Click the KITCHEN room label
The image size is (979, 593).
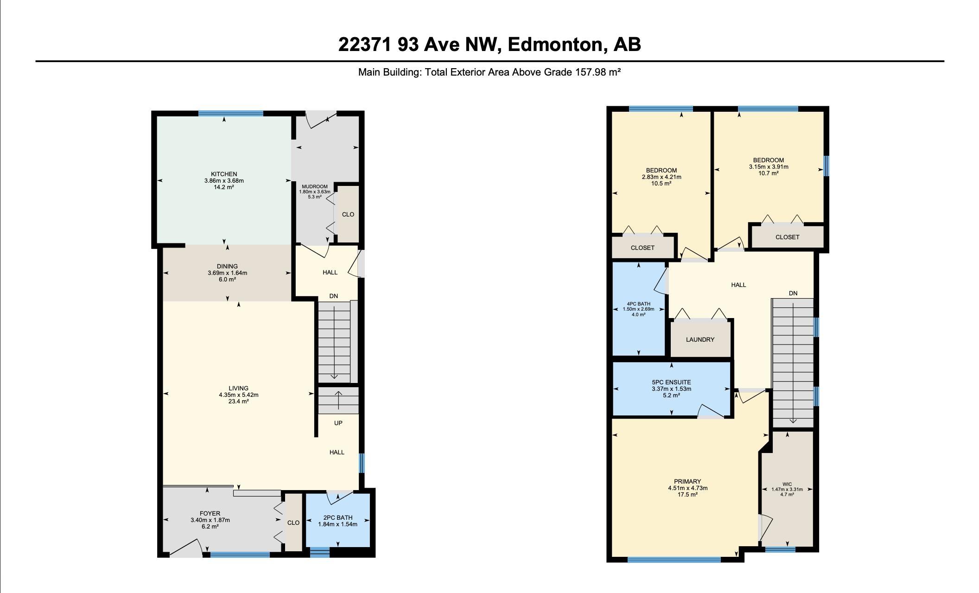[x=224, y=174]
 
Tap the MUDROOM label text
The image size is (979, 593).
[x=315, y=187]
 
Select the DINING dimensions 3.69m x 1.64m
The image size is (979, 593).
[x=227, y=273]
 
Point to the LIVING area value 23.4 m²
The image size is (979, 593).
[x=238, y=402]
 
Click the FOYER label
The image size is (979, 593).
[x=210, y=514]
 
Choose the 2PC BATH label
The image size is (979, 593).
[x=338, y=518]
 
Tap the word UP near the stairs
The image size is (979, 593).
[x=338, y=423]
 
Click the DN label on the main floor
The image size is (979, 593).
[x=334, y=296]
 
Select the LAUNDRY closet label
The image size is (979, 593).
[x=700, y=340]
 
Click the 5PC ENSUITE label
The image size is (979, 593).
[x=671, y=383]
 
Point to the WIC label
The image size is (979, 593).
[x=787, y=485]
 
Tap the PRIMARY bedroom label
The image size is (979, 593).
[x=687, y=482]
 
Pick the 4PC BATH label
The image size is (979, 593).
[x=638, y=304]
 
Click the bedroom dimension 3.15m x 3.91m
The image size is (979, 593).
[x=769, y=167]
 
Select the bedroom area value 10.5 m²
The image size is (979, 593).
[x=661, y=184]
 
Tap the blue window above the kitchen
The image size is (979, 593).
[x=231, y=113]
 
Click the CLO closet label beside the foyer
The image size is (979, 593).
[x=293, y=523]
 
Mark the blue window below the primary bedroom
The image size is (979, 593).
[x=674, y=560]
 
